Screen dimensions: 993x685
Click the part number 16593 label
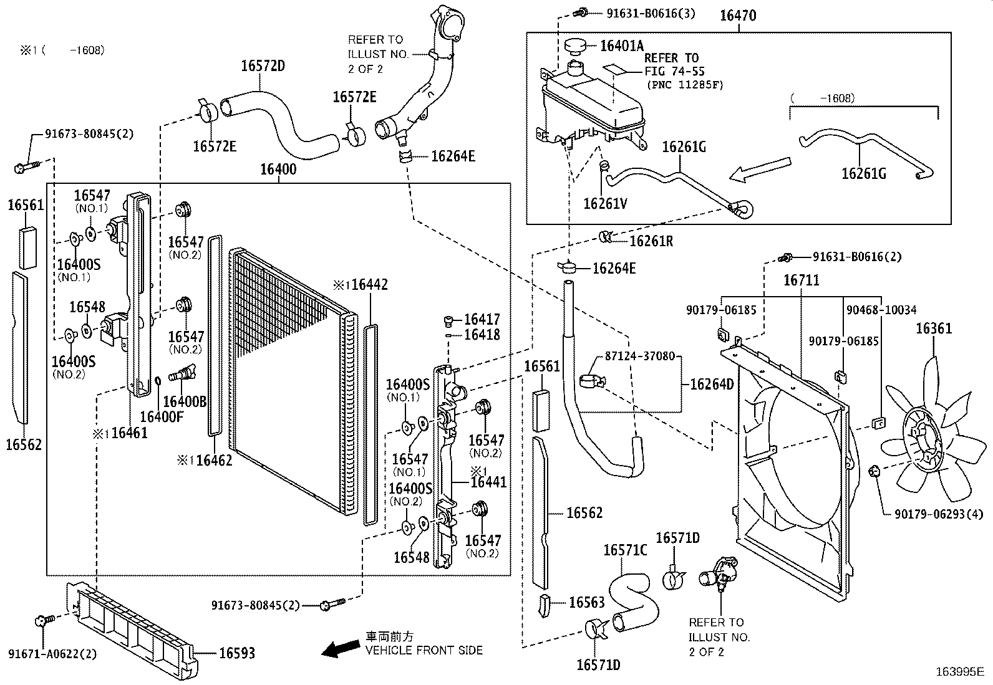point(237,653)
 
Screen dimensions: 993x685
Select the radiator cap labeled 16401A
point(575,46)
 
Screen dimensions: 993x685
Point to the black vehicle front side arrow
point(341,648)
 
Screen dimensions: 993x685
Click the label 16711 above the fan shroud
point(801,280)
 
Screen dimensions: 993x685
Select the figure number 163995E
point(960,672)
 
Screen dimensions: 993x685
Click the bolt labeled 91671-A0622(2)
point(44,620)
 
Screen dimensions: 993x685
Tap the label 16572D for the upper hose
point(263,65)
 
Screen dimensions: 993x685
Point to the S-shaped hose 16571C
point(633,601)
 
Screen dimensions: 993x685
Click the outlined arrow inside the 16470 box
point(760,170)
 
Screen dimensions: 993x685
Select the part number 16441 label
point(488,482)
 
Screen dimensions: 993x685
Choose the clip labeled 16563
point(544,605)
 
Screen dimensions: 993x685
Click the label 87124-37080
point(640,356)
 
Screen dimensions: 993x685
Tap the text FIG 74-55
point(674,71)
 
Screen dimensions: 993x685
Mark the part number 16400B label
point(185,401)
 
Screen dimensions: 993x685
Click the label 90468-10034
point(881,310)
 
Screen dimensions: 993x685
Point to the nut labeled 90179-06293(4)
point(874,471)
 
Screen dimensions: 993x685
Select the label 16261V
point(605,203)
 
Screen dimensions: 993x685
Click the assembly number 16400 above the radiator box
point(278,169)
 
